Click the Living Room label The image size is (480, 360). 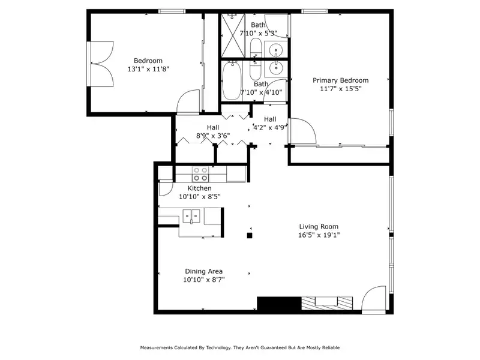pyautogui.click(x=319, y=227)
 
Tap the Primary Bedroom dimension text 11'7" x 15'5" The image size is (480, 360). pyautogui.click(x=341, y=89)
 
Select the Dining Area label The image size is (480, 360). pyautogui.click(x=203, y=271)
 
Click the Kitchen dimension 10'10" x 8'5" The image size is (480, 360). pyautogui.click(x=200, y=197)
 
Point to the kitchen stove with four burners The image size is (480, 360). pyautogui.click(x=200, y=174)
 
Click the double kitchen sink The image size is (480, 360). pyautogui.click(x=191, y=216)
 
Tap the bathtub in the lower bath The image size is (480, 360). pyautogui.click(x=232, y=80)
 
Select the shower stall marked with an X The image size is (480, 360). pyautogui.click(x=233, y=35)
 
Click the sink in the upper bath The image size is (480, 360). pyautogui.click(x=277, y=49)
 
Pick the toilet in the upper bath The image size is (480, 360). pyautogui.click(x=256, y=48)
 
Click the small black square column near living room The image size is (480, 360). pyautogui.click(x=250, y=235)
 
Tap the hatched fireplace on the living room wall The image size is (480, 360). pyautogui.click(x=327, y=303)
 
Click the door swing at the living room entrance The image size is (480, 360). pyautogui.click(x=373, y=299)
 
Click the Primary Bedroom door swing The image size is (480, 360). pyautogui.click(x=303, y=131)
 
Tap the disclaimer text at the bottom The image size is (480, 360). pyautogui.click(x=240, y=347)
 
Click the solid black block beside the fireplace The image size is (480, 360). pyautogui.click(x=279, y=304)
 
